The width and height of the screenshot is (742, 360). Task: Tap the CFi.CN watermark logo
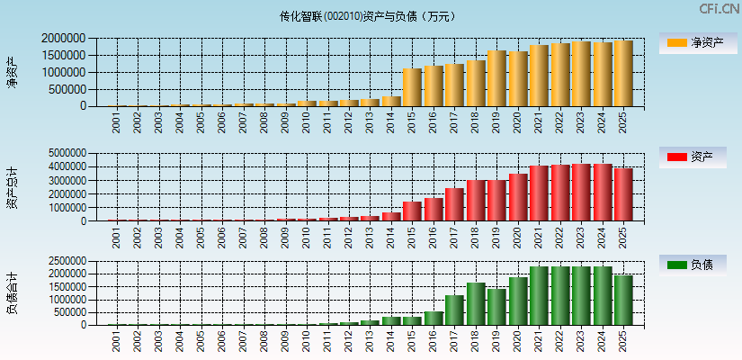(720, 9)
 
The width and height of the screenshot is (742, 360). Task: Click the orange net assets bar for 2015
(412, 87)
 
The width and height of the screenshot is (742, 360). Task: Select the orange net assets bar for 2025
(623, 74)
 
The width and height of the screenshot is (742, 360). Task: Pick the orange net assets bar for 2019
(496, 78)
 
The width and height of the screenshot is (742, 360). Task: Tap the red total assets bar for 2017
(454, 205)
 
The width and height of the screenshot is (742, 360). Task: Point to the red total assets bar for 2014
(391, 217)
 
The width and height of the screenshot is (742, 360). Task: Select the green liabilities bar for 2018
(476, 304)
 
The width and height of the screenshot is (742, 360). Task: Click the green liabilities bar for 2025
(623, 301)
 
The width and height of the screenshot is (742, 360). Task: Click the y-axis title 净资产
(12, 72)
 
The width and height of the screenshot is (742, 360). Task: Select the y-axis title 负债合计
(12, 292)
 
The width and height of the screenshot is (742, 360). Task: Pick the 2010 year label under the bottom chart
(307, 342)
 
